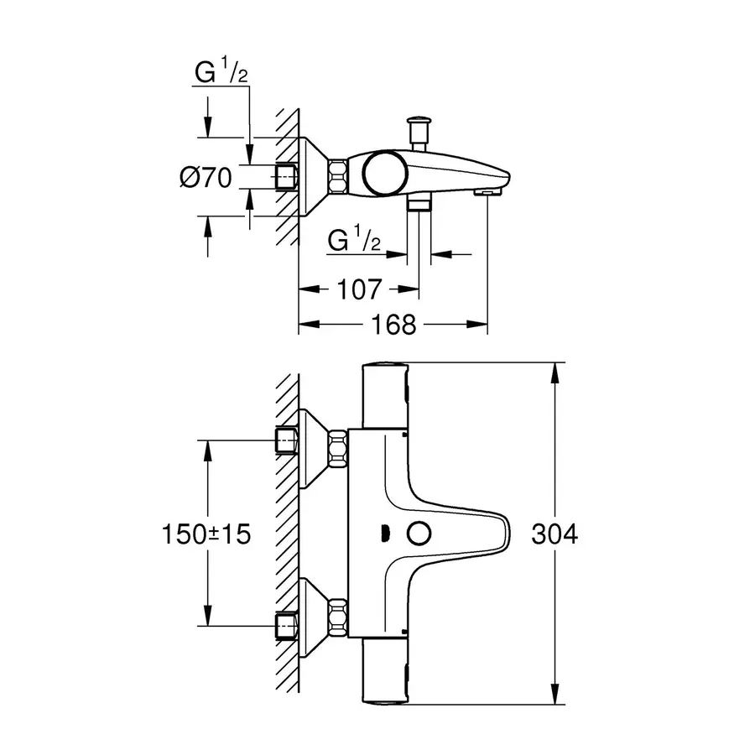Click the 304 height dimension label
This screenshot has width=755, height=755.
555,534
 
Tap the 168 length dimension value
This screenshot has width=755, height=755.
393,324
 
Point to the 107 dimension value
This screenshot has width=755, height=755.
360,289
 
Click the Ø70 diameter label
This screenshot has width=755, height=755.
206,178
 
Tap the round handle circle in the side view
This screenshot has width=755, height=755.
383,174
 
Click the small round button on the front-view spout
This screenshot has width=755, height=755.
415,533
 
